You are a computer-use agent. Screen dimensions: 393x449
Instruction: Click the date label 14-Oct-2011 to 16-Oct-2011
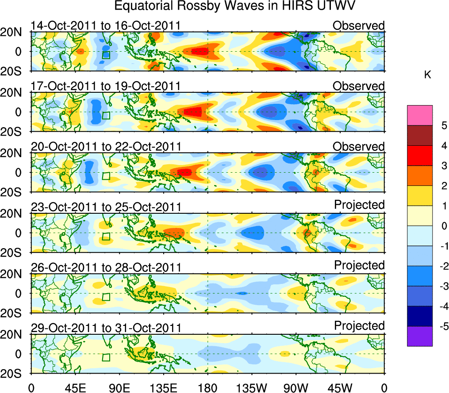coord(105,26)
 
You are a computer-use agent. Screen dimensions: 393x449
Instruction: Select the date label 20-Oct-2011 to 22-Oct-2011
coord(105,147)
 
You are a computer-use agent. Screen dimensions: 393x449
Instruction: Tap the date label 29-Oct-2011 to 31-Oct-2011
coord(105,328)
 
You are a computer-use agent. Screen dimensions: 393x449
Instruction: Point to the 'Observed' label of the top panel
coord(358,26)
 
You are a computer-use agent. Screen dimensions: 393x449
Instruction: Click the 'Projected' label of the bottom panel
coord(359,326)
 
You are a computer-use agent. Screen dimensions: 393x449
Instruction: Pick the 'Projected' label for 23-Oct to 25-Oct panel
coord(359,205)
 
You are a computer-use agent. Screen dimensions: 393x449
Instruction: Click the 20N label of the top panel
coord(15,32)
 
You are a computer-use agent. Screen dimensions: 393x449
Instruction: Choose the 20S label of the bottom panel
coord(15,373)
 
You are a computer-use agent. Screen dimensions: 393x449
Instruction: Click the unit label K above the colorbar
coord(427,76)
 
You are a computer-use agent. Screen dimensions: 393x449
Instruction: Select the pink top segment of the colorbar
coord(419,115)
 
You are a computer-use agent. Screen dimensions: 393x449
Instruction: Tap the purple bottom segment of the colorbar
coord(419,336)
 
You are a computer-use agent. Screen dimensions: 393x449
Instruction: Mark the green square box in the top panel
coord(106,55)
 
